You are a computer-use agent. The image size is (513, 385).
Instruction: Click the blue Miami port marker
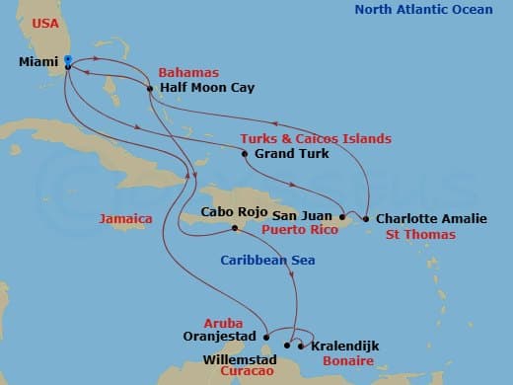tap(67, 61)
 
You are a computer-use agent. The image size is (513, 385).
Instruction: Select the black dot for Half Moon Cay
tap(149, 89)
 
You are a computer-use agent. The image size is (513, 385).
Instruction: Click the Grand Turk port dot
tap(245, 154)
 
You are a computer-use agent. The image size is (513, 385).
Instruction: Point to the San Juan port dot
tap(342, 215)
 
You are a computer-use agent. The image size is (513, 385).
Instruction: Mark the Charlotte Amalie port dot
tap(366, 218)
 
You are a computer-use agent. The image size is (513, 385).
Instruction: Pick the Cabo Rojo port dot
tap(234, 228)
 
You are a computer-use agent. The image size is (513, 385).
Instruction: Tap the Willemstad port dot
tap(287, 346)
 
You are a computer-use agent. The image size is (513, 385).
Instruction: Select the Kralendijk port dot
tap(301, 346)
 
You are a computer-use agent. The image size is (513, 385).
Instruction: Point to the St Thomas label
tap(420, 235)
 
